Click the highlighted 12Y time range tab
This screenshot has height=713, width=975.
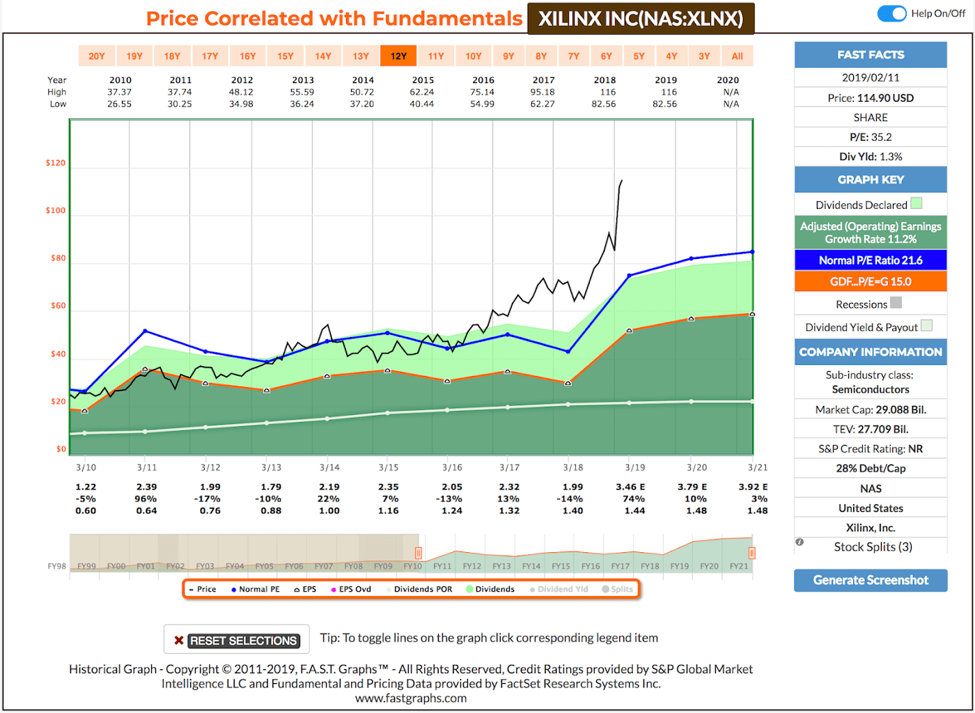pyautogui.click(x=398, y=56)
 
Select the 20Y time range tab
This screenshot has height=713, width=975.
pyautogui.click(x=97, y=56)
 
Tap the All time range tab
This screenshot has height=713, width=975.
pyautogui.click(x=737, y=56)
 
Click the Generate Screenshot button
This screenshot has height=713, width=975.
pyautogui.click(x=871, y=580)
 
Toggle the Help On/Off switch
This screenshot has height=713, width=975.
pyautogui.click(x=891, y=13)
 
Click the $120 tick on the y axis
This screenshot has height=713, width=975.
pyautogui.click(x=56, y=163)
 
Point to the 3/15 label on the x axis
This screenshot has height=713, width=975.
pyautogui.click(x=389, y=467)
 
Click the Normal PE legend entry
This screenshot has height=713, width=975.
pyautogui.click(x=256, y=589)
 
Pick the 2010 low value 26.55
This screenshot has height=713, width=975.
pyautogui.click(x=119, y=104)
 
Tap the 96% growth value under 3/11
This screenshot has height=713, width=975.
pyautogui.click(x=146, y=499)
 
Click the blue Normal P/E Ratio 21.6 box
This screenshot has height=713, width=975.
pyautogui.click(x=871, y=260)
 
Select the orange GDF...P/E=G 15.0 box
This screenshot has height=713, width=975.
pyautogui.click(x=871, y=281)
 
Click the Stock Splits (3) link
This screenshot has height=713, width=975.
pyautogui.click(x=873, y=547)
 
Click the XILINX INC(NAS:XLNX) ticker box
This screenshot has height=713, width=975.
pyautogui.click(x=641, y=19)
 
